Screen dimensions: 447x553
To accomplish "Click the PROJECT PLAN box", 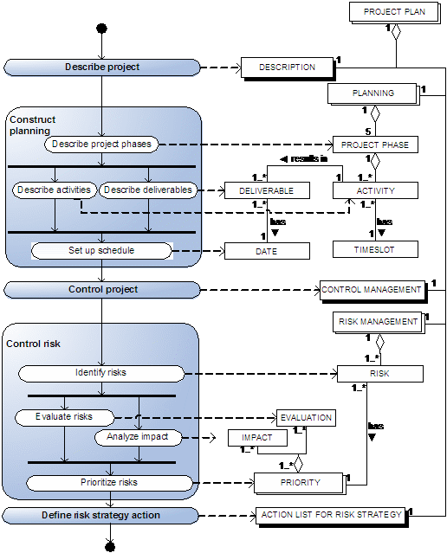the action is (394, 12).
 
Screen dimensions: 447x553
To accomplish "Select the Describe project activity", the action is (102, 68).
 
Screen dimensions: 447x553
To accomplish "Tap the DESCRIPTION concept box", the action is (288, 68).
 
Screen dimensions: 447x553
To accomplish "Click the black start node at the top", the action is (101, 29).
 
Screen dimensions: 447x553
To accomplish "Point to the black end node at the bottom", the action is (110, 547).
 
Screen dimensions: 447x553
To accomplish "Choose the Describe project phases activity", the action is (101, 145).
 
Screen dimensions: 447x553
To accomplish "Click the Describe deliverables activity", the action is (148, 190).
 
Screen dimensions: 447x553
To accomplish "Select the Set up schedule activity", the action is (101, 251).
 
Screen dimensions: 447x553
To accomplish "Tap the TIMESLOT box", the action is (375, 249).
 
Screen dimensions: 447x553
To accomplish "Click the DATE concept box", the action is (267, 251).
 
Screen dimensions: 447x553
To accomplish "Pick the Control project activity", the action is (102, 290).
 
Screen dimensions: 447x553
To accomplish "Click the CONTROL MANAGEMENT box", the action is (372, 291).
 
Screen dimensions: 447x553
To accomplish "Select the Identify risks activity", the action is (101, 373).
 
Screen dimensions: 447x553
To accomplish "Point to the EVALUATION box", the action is (306, 418).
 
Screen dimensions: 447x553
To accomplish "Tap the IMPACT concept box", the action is (257, 438).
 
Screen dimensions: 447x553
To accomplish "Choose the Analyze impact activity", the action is (138, 437).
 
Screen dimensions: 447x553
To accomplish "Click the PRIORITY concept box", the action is (300, 483).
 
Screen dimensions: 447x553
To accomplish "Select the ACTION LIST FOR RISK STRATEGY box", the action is (332, 516).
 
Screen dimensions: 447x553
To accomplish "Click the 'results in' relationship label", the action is (304, 159).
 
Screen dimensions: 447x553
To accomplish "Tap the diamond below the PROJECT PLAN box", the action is (396, 32).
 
